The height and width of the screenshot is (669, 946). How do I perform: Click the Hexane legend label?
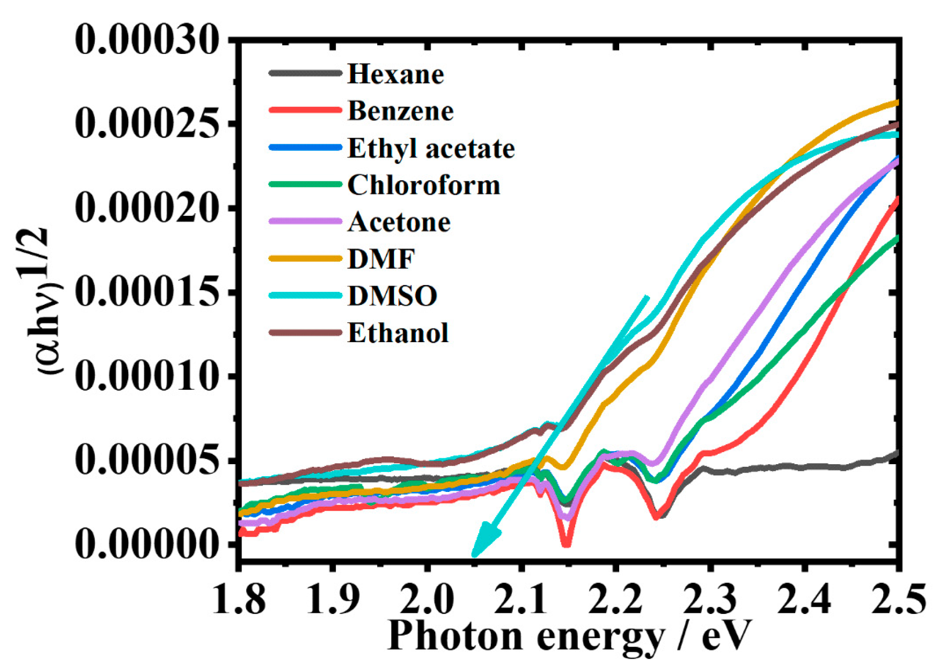(395, 74)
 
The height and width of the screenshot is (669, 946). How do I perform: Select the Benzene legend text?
(401, 111)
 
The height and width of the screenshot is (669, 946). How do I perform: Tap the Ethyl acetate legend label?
(431, 148)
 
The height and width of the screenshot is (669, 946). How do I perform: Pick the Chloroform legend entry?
(424, 185)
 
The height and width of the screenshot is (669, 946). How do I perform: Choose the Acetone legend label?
(399, 222)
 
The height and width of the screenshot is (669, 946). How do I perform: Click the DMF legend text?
(381, 259)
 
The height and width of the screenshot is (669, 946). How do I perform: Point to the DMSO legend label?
(392, 296)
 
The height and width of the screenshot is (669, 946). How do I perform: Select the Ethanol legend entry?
(398, 333)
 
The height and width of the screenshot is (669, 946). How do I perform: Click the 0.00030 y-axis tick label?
(147, 40)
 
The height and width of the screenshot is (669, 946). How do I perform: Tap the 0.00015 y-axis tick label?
(147, 292)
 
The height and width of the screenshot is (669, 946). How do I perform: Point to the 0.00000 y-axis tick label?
(147, 544)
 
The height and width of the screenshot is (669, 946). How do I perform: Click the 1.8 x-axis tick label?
(239, 599)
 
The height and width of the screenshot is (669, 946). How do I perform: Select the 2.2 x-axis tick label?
(615, 599)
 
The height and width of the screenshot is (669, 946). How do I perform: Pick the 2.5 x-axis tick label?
(898, 599)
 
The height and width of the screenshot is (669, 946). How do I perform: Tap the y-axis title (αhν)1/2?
(46, 301)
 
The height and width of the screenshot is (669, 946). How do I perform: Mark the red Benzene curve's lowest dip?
(566, 544)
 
